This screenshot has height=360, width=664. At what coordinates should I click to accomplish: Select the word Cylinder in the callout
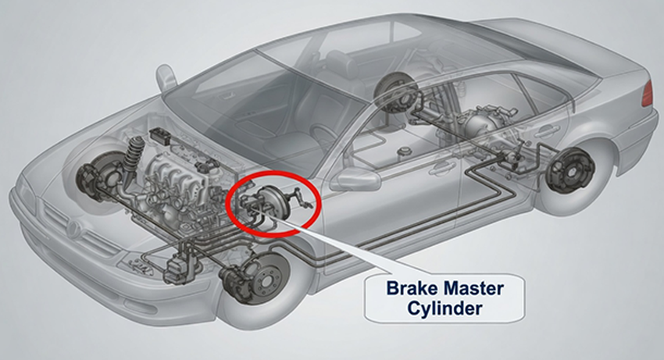tap(444, 308)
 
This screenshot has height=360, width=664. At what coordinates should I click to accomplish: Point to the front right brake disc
tap(96, 177)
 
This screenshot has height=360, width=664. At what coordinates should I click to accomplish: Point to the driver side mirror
tap(355, 179)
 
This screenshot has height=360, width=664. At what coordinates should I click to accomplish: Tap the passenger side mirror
tap(166, 78)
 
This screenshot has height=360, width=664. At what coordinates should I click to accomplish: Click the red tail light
tap(647, 93)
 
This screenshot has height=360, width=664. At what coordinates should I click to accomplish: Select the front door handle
tap(441, 169)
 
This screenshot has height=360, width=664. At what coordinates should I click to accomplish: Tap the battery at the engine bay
tap(160, 136)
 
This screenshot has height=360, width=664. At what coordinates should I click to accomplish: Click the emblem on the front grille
tap(73, 229)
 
